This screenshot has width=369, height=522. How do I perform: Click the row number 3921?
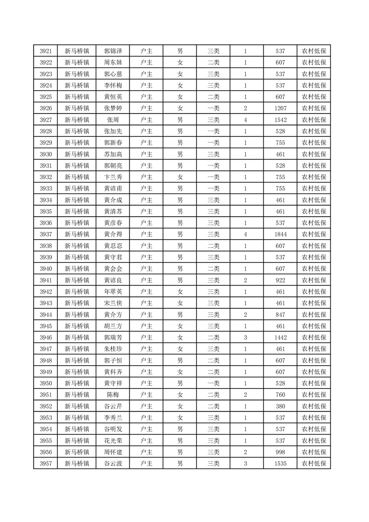[46, 51]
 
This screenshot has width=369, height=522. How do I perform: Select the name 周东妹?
[113, 63]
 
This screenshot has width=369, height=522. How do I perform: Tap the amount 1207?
[280, 108]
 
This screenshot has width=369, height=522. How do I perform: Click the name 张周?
[113, 120]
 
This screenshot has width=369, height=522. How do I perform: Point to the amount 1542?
[280, 120]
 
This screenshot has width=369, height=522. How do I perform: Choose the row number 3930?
[46, 154]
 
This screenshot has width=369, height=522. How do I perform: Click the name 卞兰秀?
[113, 177]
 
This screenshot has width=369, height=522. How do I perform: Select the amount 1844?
[280, 234]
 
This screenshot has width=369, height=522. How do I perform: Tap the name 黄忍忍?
[113, 246]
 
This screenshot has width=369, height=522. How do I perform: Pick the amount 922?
[280, 280]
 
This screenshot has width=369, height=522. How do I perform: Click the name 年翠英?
[113, 292]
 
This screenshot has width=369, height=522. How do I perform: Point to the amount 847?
[280, 315]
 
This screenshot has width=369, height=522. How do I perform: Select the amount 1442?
[280, 337]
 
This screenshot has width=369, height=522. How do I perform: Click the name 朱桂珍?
[113, 349]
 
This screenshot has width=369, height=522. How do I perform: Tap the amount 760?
[280, 395]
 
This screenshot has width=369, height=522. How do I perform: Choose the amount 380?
[280, 406]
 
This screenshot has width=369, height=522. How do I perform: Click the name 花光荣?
[113, 441]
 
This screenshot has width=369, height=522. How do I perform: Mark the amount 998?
[280, 452]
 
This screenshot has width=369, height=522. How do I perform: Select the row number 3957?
[46, 463]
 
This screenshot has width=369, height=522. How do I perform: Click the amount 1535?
[280, 463]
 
